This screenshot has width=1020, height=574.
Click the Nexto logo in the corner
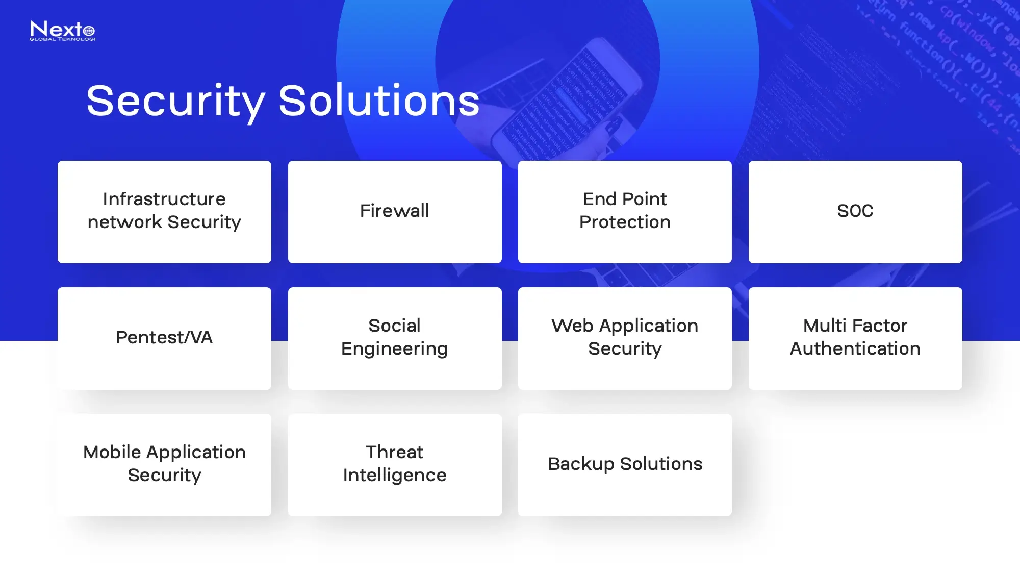(x=62, y=31)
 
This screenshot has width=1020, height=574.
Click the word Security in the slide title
(x=175, y=101)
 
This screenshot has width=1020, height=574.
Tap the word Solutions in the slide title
(x=379, y=101)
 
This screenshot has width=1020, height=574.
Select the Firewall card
(x=395, y=212)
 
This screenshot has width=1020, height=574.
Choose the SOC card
(x=855, y=212)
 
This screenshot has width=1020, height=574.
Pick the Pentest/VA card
(x=164, y=338)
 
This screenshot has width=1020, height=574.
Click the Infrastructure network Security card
(x=164, y=212)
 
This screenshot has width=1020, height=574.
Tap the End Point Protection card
(x=625, y=212)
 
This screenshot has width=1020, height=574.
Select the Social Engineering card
(x=395, y=338)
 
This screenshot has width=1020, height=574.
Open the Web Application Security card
(x=625, y=338)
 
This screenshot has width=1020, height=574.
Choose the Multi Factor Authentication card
(x=855, y=338)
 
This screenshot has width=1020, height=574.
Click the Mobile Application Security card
(x=164, y=465)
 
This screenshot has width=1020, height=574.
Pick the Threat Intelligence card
(x=395, y=465)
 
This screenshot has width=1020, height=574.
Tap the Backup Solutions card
(x=625, y=465)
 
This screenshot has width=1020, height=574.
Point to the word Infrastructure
(x=164, y=199)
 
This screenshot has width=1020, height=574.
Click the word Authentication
(x=855, y=349)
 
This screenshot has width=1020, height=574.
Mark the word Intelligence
(x=395, y=476)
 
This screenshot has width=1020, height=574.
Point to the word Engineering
(x=395, y=349)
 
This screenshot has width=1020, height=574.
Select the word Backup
(x=581, y=464)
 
